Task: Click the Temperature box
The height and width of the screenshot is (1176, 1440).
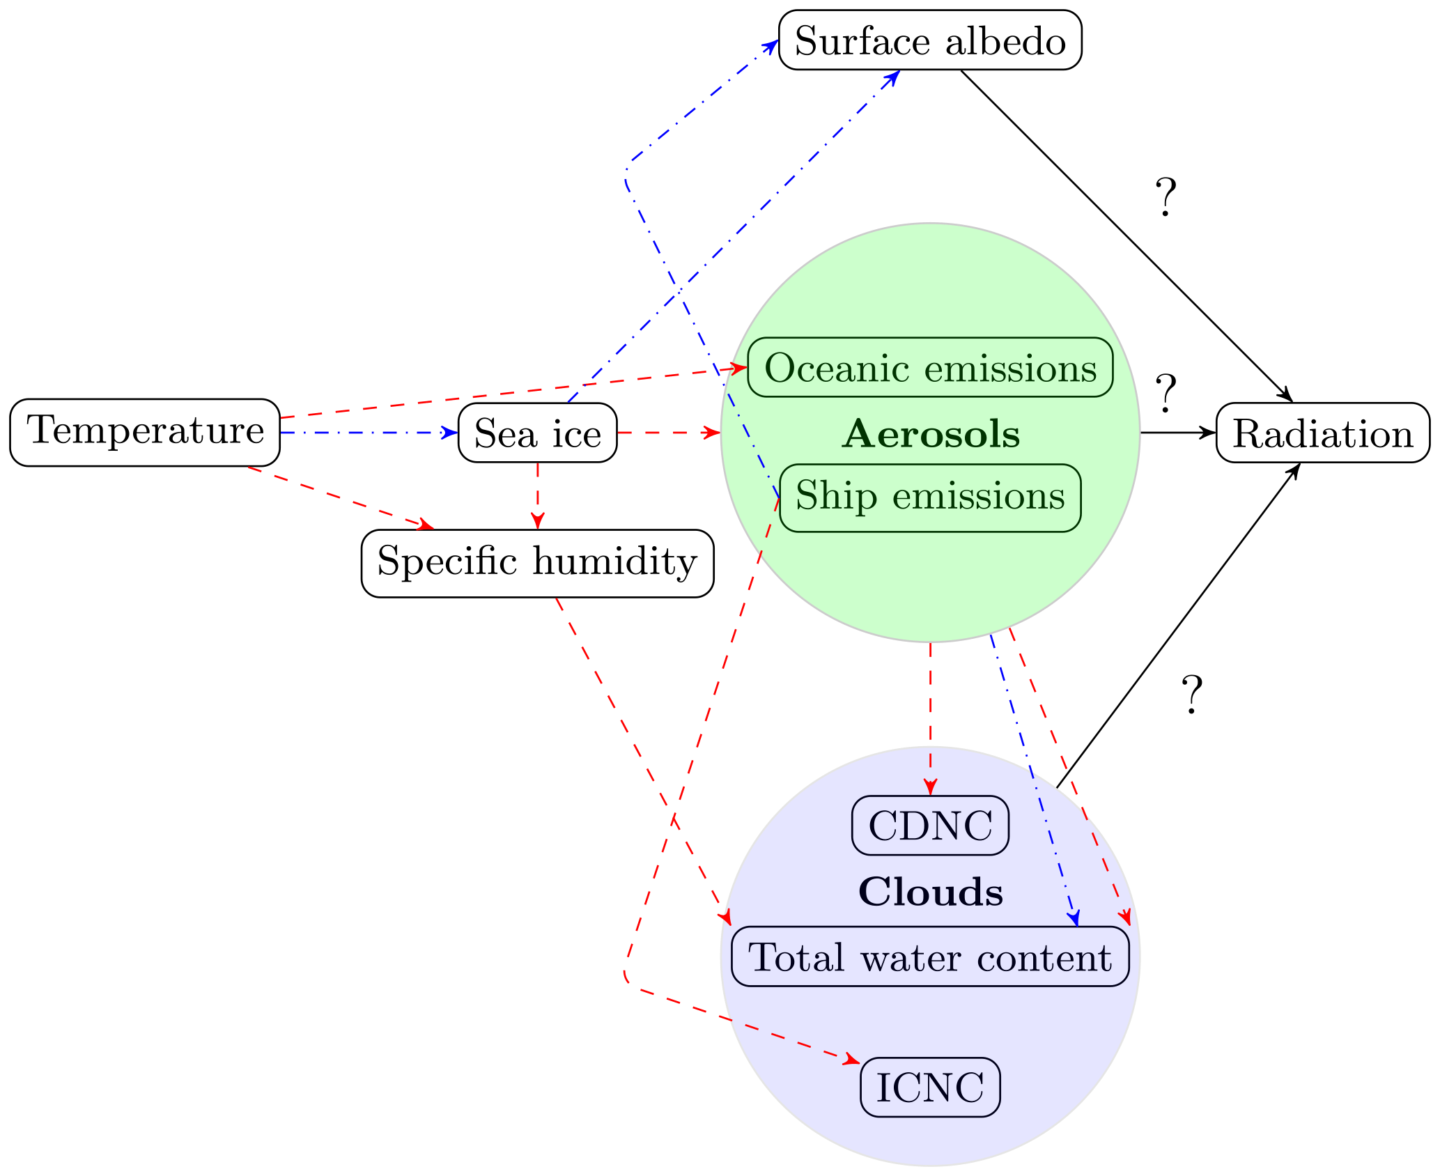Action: click(x=145, y=432)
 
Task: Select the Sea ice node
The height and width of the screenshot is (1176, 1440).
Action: click(x=537, y=433)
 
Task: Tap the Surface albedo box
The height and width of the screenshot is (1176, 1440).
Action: click(x=930, y=40)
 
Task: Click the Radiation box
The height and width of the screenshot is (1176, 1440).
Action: click(x=1322, y=433)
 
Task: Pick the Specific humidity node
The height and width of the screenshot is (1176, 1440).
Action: click(x=537, y=563)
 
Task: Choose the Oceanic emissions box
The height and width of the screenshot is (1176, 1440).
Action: click(x=930, y=367)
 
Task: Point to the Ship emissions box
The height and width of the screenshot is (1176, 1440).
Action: click(x=930, y=497)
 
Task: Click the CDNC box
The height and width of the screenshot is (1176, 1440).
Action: click(x=930, y=825)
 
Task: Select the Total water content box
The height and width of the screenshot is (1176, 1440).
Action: click(x=930, y=956)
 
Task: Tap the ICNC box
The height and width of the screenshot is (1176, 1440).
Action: click(x=930, y=1087)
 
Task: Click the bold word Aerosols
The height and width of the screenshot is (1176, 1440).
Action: click(x=931, y=433)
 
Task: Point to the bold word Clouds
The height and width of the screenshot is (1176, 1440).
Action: click(x=931, y=891)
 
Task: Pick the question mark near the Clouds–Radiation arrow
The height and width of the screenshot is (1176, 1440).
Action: click(x=1191, y=695)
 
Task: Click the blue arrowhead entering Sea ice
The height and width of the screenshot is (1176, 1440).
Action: click(x=451, y=433)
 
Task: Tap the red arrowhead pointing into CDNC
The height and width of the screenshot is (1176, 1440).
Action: click(x=930, y=788)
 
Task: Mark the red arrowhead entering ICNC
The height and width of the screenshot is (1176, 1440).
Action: click(x=851, y=1060)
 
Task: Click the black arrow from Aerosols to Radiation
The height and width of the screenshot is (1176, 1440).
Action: click(x=1177, y=433)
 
